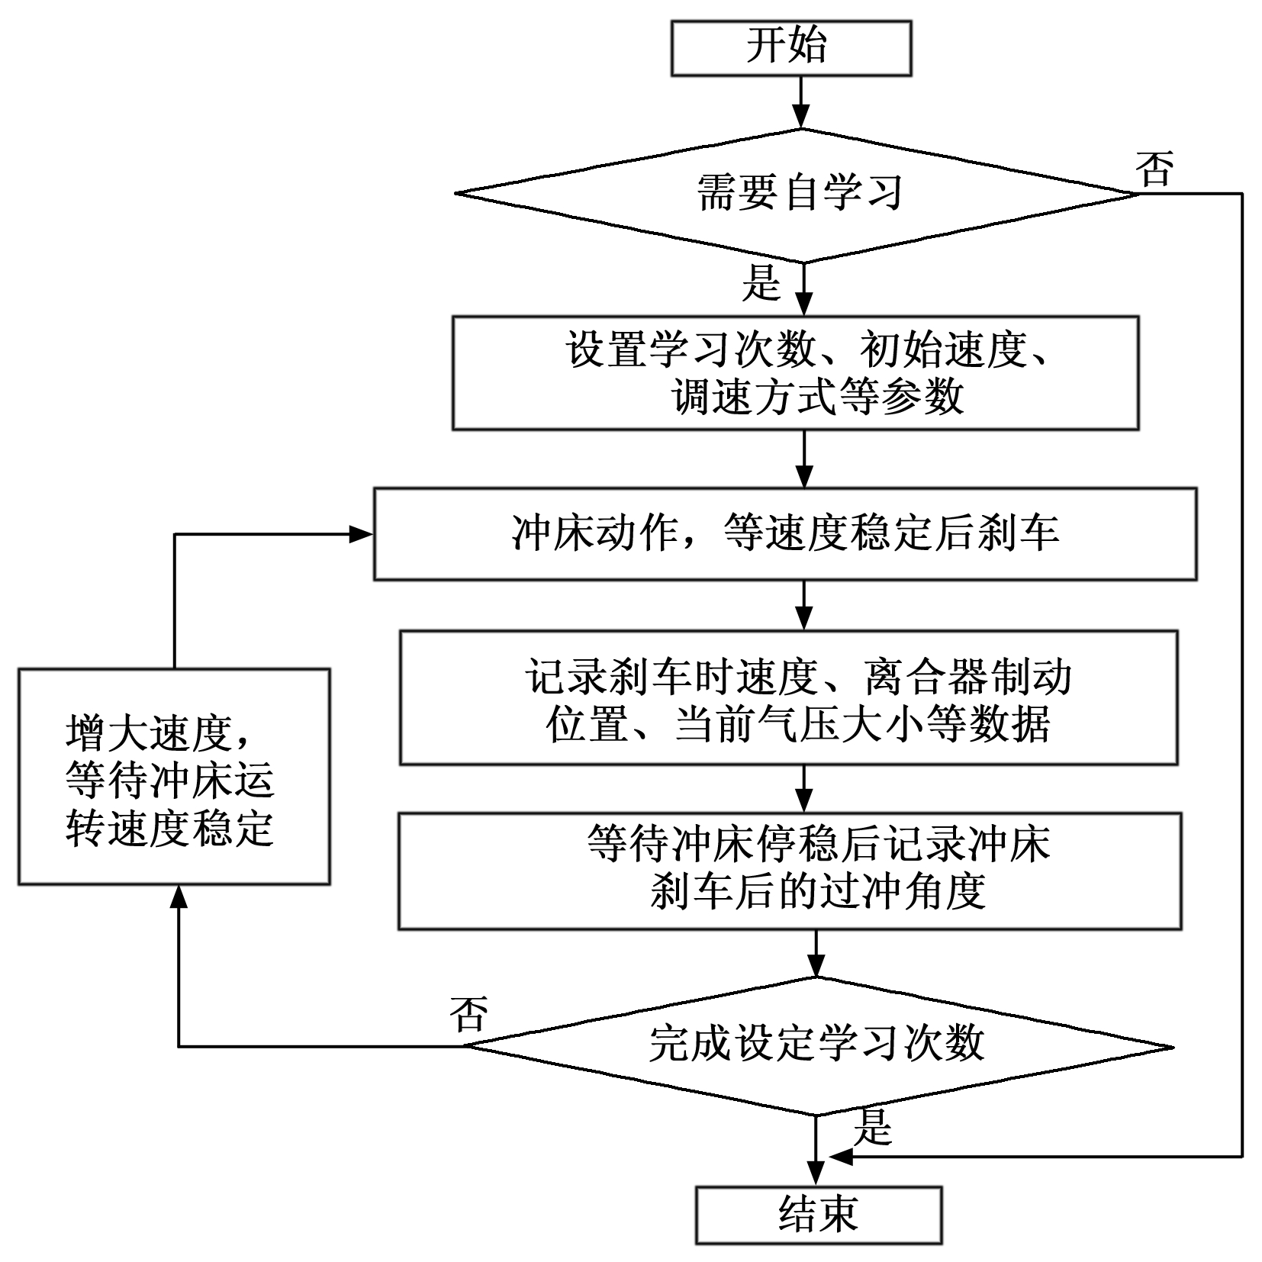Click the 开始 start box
point(790,47)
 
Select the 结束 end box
point(818,1215)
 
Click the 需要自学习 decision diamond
point(798,194)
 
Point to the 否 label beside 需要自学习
point(1154,169)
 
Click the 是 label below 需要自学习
point(761,282)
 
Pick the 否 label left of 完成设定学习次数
point(468,1014)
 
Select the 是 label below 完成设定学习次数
point(872,1127)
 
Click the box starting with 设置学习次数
point(795,373)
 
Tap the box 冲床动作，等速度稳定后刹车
point(784,534)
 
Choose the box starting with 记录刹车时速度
point(788,697)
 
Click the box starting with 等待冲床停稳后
point(790,871)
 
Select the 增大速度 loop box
point(174,777)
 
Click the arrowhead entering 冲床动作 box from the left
point(362,534)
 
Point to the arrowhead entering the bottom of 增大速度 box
point(179,897)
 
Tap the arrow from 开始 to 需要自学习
point(800,103)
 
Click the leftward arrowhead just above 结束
point(841,1157)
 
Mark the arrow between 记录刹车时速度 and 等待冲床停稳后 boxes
point(803,789)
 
